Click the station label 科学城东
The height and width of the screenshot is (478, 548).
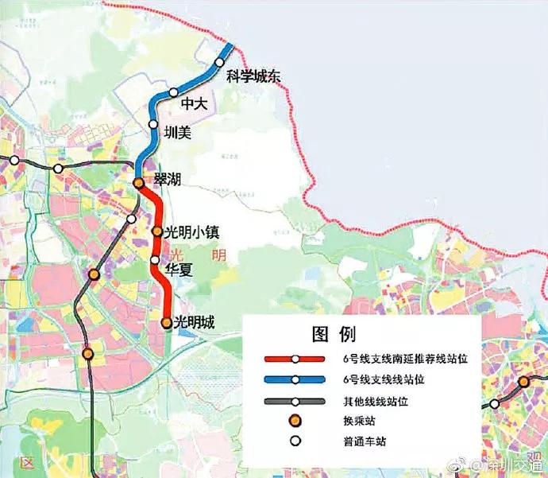(254, 76)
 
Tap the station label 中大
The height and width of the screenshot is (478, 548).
(194, 103)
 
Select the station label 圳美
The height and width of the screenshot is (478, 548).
(177, 133)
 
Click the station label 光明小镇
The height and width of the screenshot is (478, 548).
(191, 232)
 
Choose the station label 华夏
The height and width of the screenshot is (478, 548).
(179, 269)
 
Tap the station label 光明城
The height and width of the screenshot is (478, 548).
(195, 322)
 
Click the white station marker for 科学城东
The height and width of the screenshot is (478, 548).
(220, 63)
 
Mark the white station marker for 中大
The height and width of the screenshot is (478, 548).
(174, 93)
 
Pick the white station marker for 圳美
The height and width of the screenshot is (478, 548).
(153, 124)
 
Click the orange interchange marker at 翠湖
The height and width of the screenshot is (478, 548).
(138, 184)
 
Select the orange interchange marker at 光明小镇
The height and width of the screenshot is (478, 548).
(157, 232)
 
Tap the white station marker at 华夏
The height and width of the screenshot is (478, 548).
(156, 260)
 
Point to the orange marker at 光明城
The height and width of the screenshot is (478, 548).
(166, 323)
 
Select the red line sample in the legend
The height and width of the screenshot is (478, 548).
(294, 359)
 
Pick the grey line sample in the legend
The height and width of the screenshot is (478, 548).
(294, 401)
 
